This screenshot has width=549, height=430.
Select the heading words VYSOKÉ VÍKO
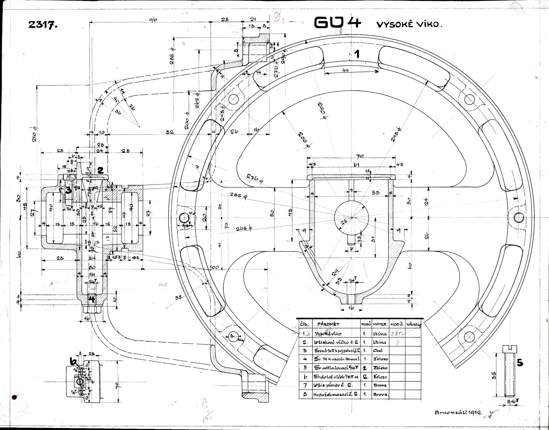click(409, 24)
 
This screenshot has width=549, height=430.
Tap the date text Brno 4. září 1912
click(458, 412)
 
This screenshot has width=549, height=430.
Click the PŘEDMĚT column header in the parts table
click(328, 324)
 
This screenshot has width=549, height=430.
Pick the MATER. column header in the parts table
click(380, 324)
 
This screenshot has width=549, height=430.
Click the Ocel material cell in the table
click(378, 350)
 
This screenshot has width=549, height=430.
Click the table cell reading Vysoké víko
click(328, 334)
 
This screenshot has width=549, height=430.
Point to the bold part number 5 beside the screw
click(520, 363)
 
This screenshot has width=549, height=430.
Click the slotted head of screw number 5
click(510, 349)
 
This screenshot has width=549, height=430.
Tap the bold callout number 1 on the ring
click(357, 54)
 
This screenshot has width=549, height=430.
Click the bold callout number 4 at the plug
click(92, 299)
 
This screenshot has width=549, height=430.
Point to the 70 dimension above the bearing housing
click(360, 156)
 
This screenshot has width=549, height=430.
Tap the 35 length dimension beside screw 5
click(494, 375)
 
